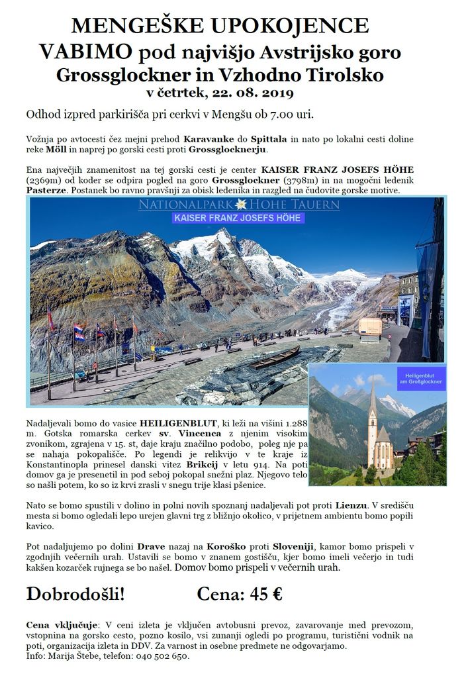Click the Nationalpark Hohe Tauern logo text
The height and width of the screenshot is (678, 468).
(239, 205)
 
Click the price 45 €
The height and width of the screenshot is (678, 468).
(266, 594)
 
